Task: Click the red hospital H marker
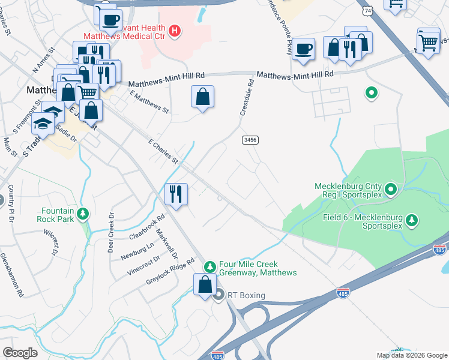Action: tap(174, 31)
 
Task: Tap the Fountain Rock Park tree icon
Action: tap(83, 213)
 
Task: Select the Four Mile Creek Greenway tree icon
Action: tap(210, 266)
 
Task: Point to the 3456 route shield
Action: tap(250, 140)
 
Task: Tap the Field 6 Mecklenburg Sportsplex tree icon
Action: tap(412, 220)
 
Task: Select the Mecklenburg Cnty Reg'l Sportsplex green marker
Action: tap(391, 190)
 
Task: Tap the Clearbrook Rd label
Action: tap(146, 228)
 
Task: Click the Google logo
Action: tap(20, 353)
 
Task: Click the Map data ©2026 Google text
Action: tap(411, 355)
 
